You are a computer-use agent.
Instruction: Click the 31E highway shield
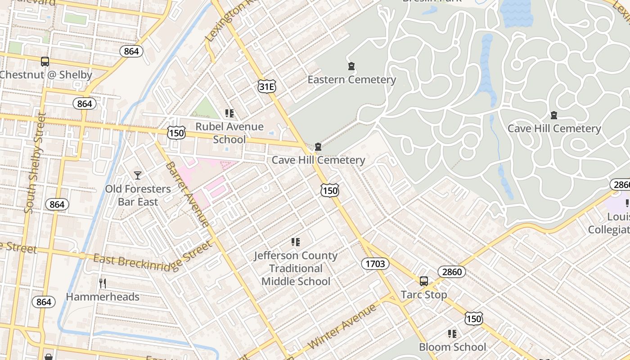[267, 86]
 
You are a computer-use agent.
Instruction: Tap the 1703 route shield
[375, 264]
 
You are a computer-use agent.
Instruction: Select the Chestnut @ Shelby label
[46, 75]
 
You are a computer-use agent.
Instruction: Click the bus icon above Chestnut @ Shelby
[45, 62]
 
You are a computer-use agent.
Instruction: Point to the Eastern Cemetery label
[351, 80]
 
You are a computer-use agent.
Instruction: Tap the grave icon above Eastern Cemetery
[351, 67]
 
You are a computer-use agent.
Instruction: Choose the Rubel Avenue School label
[229, 133]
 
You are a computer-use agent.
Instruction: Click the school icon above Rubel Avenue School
[229, 113]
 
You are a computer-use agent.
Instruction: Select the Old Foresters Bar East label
[138, 195]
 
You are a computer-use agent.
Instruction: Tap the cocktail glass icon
[138, 175]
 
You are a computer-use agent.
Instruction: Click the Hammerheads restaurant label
[103, 297]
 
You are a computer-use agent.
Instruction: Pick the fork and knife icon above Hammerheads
[103, 283]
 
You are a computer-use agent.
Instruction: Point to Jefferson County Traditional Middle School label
[296, 268]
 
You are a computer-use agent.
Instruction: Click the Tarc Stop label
[424, 295]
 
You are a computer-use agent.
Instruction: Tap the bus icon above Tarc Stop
[424, 281]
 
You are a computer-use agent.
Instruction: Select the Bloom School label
[452, 347]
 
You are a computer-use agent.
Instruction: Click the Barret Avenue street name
[187, 194]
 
